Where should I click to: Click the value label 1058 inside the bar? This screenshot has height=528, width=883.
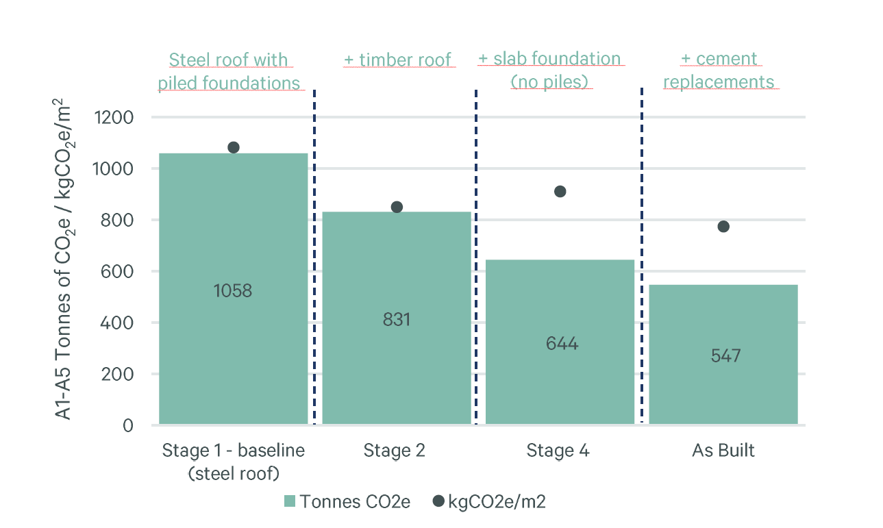click(233, 291)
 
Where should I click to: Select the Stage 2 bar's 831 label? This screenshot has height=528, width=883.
click(397, 319)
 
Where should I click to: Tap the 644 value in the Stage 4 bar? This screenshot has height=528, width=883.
click(562, 344)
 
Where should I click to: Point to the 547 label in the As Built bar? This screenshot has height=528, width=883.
click(725, 356)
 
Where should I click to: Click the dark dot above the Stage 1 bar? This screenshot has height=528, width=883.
click(234, 147)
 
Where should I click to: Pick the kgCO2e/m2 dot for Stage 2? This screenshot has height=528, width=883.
click(397, 207)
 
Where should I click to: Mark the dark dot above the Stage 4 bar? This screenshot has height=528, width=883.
click(560, 191)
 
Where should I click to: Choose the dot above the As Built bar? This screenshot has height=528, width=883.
click(723, 227)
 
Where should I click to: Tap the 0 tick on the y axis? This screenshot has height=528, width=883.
click(128, 425)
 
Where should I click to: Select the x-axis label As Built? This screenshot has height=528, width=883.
click(723, 451)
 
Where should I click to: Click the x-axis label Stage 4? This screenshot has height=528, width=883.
click(558, 451)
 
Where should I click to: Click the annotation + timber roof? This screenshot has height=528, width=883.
click(397, 60)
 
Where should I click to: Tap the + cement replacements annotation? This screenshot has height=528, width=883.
click(719, 71)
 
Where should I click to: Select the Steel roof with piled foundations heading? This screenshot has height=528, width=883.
click(229, 71)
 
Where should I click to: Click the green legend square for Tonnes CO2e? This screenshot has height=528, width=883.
click(289, 501)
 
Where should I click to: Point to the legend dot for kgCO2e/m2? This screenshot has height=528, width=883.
click(439, 501)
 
